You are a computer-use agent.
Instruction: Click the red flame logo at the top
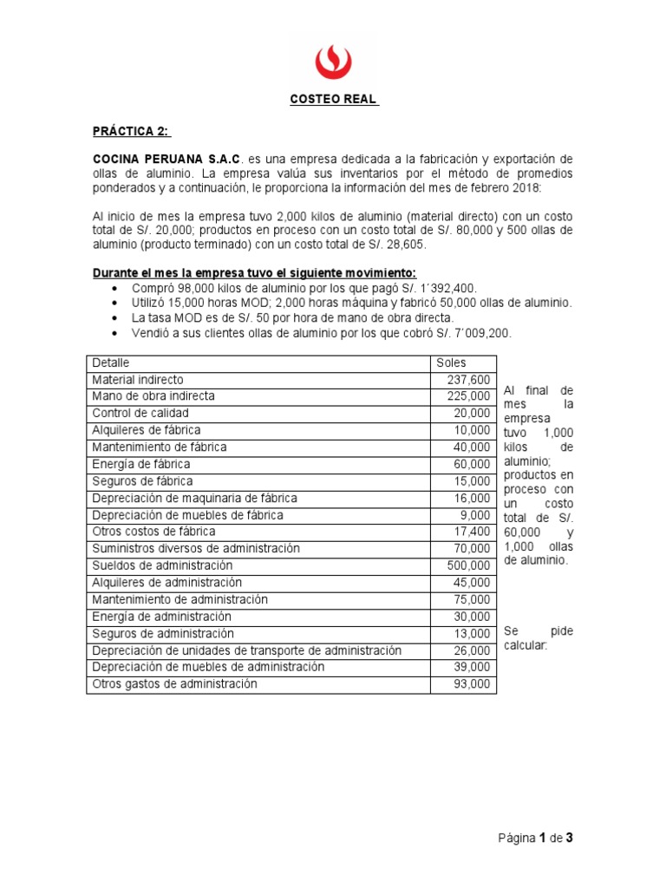click(x=333, y=61)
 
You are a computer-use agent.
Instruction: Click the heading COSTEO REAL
click(x=334, y=99)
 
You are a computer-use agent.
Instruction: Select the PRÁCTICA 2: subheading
click(x=132, y=131)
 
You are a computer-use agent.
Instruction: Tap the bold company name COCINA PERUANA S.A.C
click(x=166, y=160)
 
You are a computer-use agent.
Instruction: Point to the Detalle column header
click(x=110, y=362)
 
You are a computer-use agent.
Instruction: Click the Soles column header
click(x=451, y=362)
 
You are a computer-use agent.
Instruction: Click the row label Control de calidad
click(x=140, y=413)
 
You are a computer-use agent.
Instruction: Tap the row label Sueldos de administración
click(x=162, y=565)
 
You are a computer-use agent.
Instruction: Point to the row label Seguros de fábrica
click(x=142, y=481)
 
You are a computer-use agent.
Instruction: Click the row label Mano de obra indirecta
click(x=153, y=396)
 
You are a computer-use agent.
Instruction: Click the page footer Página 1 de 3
click(x=536, y=838)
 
